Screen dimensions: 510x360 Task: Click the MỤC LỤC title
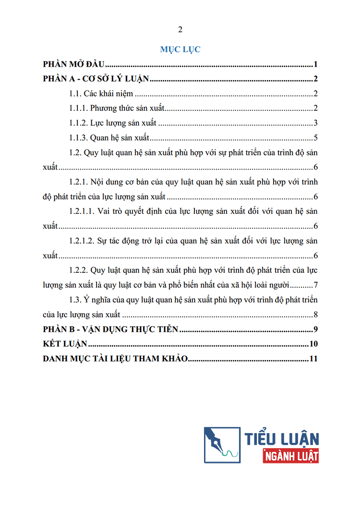click(180, 49)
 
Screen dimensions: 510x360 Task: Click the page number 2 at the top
click(180, 30)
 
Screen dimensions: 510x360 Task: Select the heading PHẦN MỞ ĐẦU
click(74, 64)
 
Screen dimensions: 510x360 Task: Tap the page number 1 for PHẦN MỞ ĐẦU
click(316, 64)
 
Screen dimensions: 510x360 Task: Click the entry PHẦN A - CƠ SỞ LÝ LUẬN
click(96, 79)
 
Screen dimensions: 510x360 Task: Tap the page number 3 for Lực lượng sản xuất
click(316, 123)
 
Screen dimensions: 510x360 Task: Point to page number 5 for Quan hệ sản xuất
click(316, 138)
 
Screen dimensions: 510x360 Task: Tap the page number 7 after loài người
click(316, 285)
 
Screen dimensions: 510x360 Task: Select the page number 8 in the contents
click(316, 315)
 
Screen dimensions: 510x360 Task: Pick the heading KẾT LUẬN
click(65, 344)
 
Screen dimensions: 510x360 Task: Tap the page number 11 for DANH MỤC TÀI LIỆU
click(314, 359)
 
